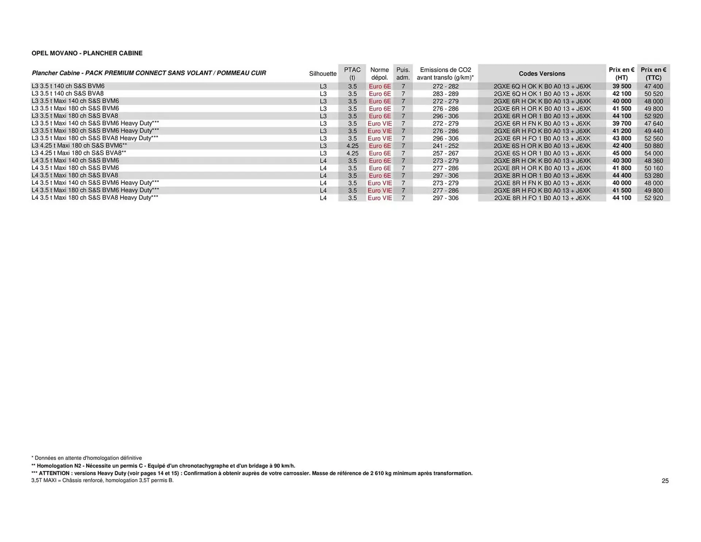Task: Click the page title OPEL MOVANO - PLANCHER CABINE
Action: (87, 53)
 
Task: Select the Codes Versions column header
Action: (542, 74)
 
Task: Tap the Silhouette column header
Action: (323, 74)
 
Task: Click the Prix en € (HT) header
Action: (621, 73)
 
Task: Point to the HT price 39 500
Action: (622, 87)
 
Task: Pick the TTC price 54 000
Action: (654, 153)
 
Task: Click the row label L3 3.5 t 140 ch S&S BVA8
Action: (68, 93)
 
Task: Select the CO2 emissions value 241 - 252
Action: (445, 146)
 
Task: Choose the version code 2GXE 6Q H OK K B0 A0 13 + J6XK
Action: (542, 87)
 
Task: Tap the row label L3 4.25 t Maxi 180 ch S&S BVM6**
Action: (79, 146)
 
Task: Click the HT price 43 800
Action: (622, 138)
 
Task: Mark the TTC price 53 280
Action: (654, 176)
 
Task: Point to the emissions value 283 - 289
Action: (445, 94)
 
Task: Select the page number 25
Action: (665, 481)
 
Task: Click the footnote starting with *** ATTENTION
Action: (252, 473)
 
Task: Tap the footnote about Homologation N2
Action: (163, 466)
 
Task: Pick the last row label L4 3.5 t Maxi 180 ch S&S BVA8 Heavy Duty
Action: (95, 198)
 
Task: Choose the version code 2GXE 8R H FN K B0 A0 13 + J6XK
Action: (542, 183)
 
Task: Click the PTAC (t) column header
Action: (352, 73)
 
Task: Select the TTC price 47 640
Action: (654, 123)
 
